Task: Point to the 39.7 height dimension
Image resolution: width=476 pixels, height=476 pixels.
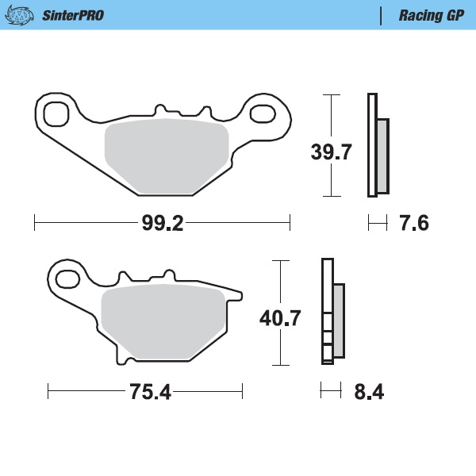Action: (x=331, y=152)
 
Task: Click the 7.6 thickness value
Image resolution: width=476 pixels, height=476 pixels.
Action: (x=413, y=224)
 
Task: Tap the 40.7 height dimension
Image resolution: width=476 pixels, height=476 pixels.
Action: (x=280, y=319)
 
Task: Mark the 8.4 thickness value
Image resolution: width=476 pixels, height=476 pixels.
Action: (x=369, y=392)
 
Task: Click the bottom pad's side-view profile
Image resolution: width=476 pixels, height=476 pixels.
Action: (x=332, y=313)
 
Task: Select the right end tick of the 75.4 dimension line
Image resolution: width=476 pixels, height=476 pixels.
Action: (x=242, y=392)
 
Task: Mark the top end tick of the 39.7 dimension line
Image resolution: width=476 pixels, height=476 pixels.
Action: (x=331, y=94)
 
